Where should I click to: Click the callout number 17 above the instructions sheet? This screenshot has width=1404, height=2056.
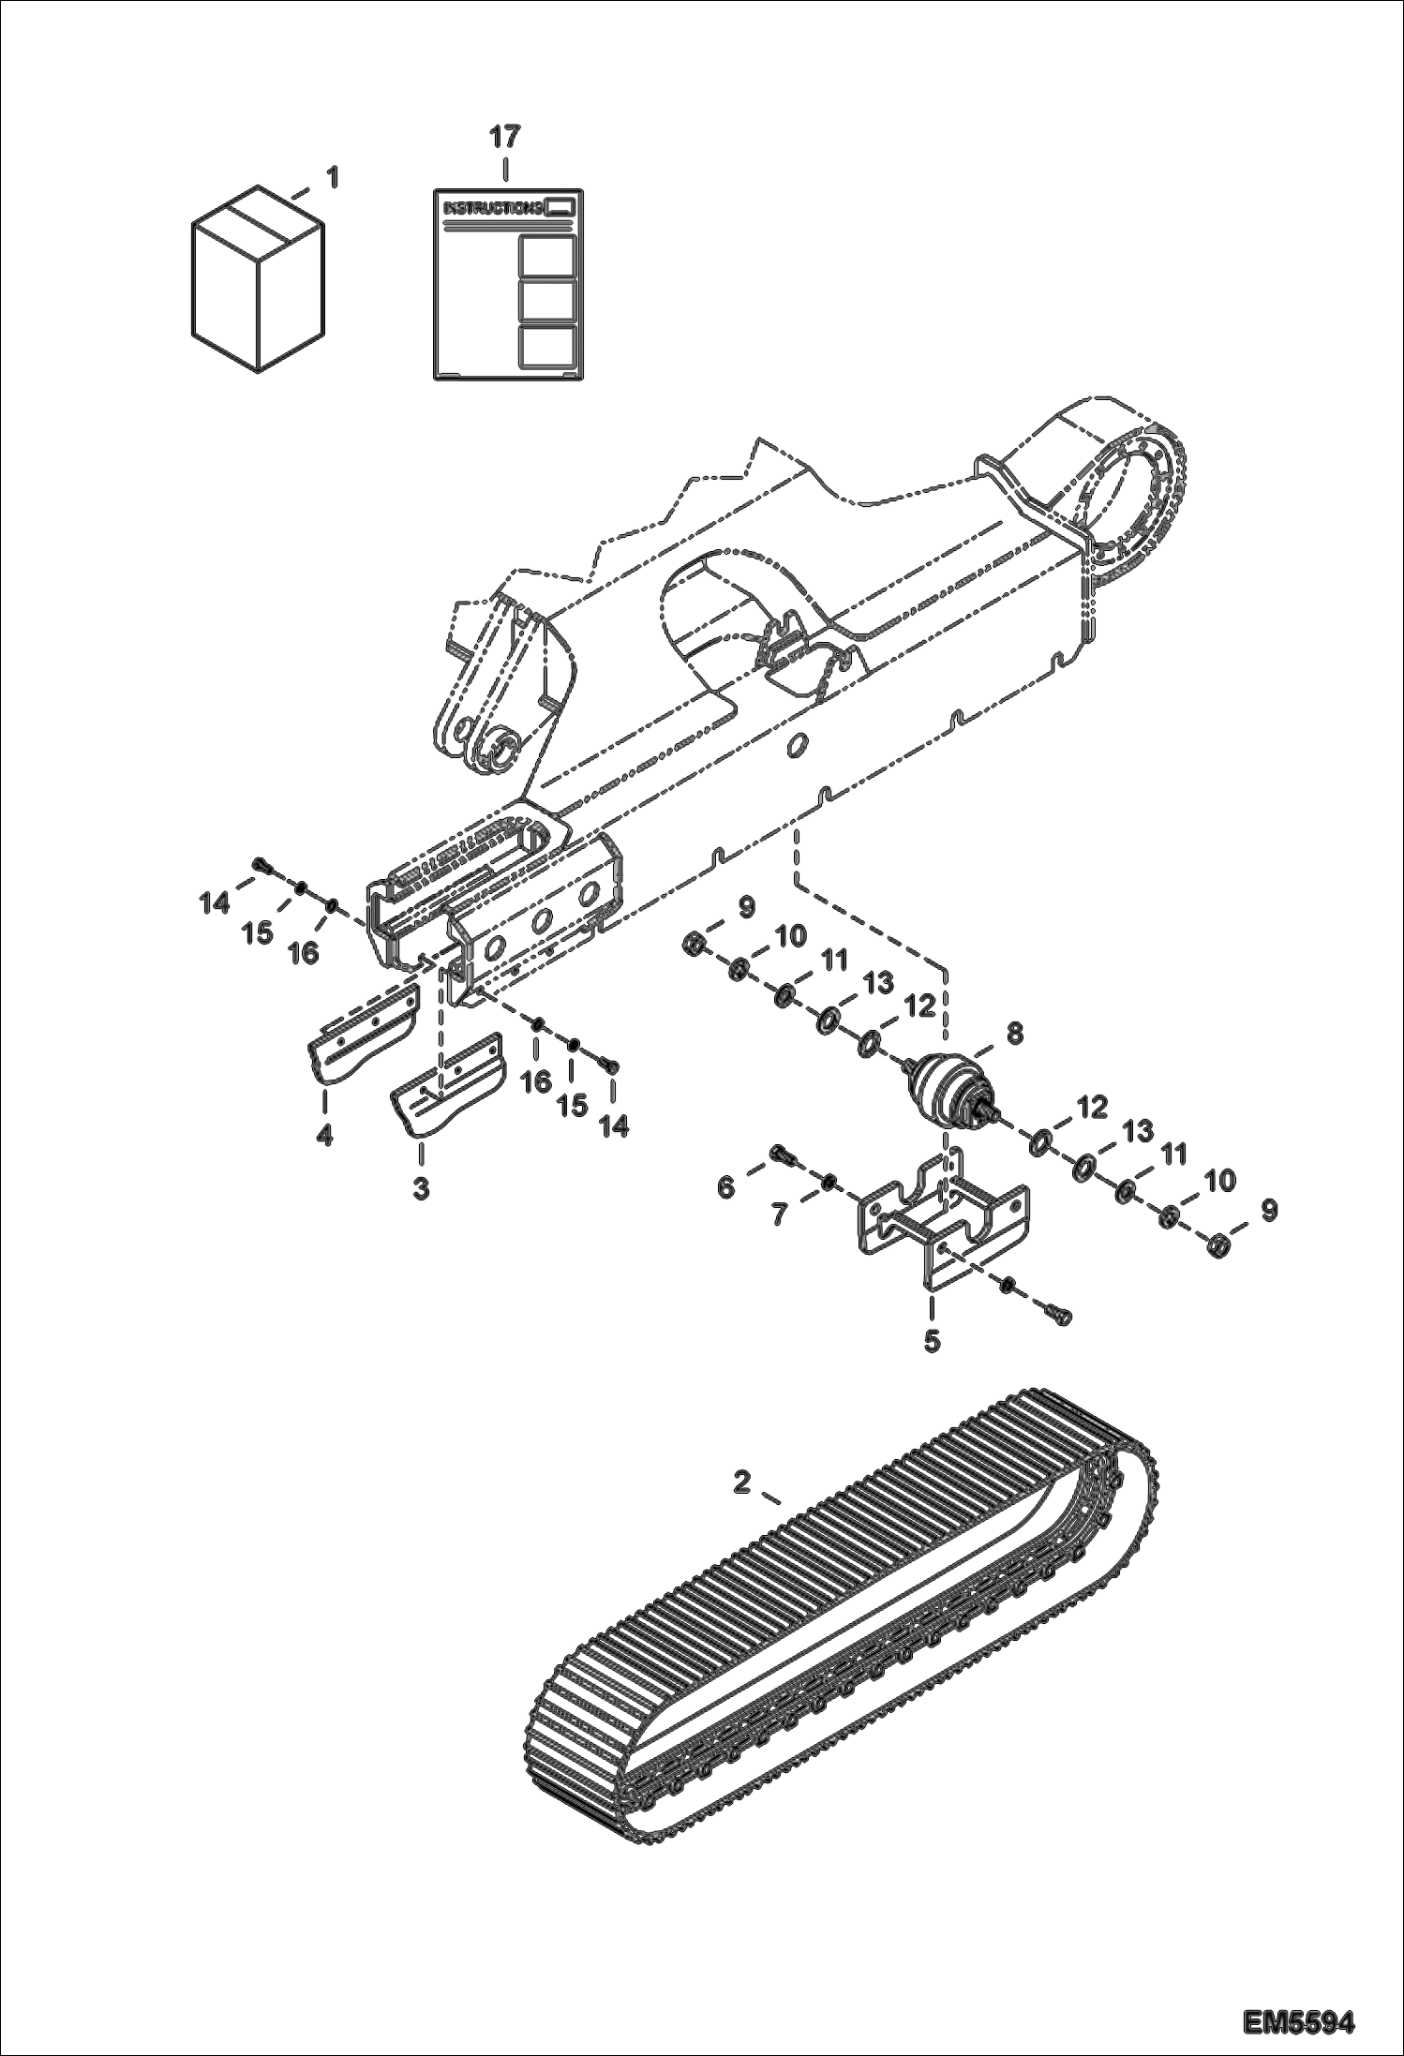(x=503, y=137)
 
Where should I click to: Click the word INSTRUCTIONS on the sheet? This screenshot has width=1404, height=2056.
(x=493, y=207)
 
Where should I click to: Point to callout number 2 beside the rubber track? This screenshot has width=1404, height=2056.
(x=741, y=1482)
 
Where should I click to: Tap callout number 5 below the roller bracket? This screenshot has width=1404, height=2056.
(x=931, y=1341)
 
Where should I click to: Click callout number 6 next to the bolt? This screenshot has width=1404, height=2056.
(x=725, y=1187)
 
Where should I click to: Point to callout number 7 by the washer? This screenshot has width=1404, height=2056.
(x=777, y=1215)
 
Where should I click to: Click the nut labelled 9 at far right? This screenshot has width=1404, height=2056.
(x=1217, y=1245)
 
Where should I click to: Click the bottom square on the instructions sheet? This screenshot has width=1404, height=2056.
(x=547, y=346)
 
